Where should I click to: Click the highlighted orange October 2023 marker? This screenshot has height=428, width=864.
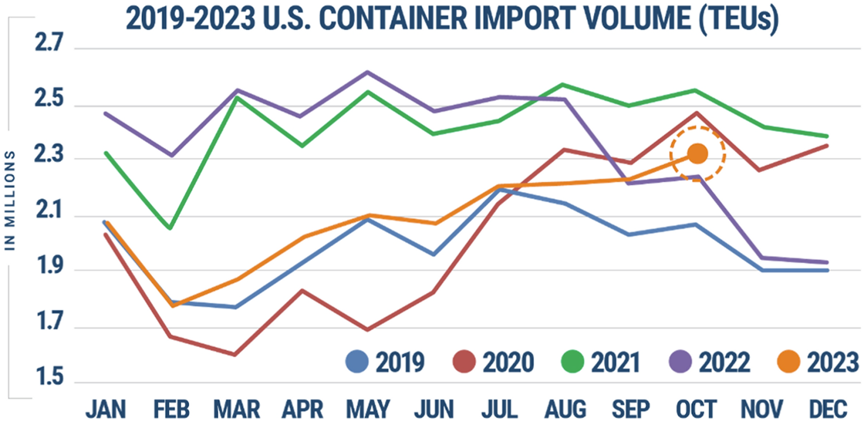(697, 154)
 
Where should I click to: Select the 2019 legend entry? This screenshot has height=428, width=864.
(385, 362)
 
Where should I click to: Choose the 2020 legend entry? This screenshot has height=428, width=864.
(493, 362)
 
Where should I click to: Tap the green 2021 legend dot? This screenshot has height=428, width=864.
(573, 362)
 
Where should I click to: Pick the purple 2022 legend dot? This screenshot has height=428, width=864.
(680, 362)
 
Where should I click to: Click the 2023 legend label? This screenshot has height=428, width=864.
(833, 362)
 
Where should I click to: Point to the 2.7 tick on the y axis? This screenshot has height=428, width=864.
(49, 43)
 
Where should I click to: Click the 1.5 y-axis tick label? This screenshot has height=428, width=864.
(49, 377)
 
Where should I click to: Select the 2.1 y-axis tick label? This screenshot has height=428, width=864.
(49, 210)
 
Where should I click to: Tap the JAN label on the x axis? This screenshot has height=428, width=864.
(106, 410)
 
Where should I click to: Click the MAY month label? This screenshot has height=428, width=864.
(368, 410)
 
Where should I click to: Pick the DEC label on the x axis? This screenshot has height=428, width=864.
(828, 410)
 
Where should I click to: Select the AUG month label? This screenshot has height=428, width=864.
(565, 410)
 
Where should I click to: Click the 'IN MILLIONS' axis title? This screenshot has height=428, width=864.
(10, 200)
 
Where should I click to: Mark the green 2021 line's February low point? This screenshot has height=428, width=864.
(170, 228)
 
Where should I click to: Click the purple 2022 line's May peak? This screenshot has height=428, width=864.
(368, 72)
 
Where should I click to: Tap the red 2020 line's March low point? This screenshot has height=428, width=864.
(235, 355)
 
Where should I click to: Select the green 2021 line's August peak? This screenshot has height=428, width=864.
(563, 85)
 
